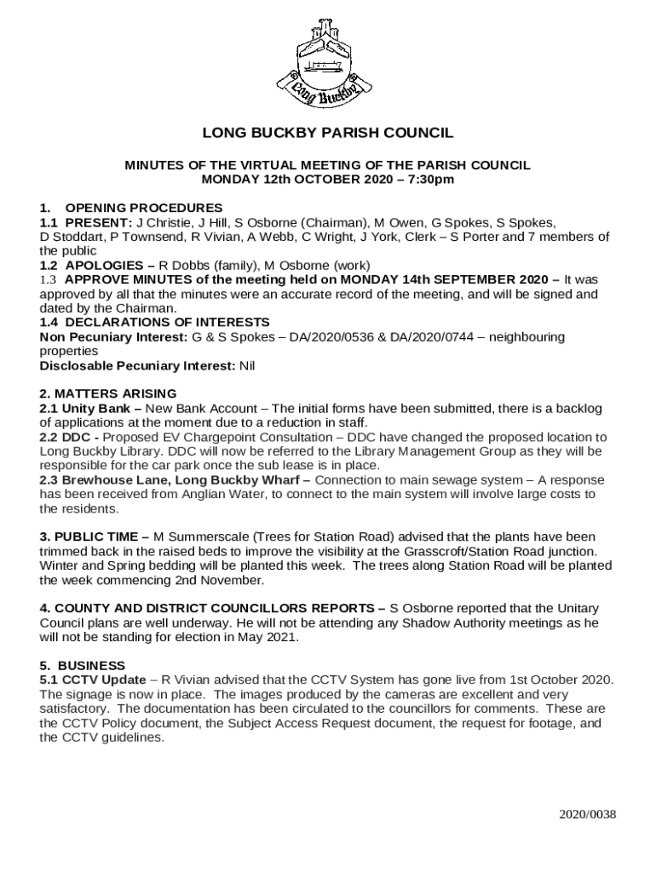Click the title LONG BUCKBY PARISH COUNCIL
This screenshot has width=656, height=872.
click(x=328, y=134)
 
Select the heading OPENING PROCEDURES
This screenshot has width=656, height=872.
click(x=144, y=208)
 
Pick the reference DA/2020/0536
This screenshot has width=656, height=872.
click(x=328, y=337)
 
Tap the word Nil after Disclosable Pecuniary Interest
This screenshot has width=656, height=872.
click(x=247, y=366)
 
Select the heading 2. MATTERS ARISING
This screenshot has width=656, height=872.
click(x=108, y=393)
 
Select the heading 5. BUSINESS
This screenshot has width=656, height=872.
click(x=83, y=665)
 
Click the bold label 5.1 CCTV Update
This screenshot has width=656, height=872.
click(x=93, y=680)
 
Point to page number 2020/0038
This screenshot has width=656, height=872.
click(x=587, y=814)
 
